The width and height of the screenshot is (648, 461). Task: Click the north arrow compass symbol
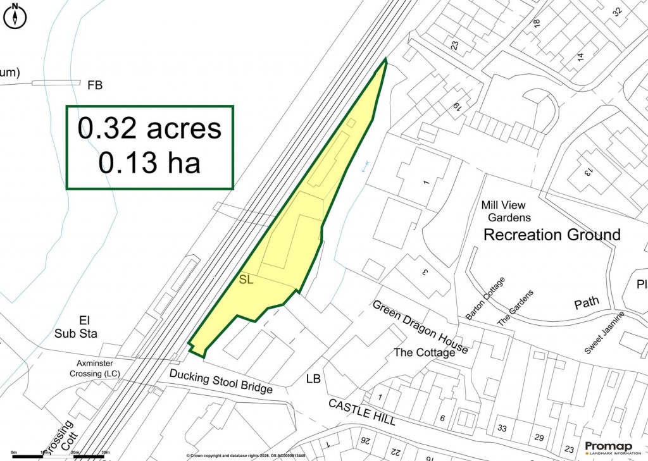coord(15,16)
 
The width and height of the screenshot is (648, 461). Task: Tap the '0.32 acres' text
coord(150,128)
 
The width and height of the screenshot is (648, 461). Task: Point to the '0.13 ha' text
coord(150,163)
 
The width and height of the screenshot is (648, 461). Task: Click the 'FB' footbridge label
coord(95,85)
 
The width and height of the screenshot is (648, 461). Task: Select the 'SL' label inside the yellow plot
coord(246,280)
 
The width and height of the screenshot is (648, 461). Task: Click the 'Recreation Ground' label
coord(552,235)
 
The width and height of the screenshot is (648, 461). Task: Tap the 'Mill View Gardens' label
coord(504,211)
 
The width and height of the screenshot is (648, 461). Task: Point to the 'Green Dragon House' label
coord(420,327)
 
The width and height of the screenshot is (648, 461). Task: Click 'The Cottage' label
coord(424,352)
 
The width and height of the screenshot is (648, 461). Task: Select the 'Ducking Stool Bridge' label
coord(221,380)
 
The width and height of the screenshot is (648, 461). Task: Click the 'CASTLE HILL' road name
coord(362,412)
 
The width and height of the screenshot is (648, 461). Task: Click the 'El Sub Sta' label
coord(74,326)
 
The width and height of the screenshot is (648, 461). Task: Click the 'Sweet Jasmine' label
coord(604,333)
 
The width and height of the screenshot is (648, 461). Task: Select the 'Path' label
coord(587,304)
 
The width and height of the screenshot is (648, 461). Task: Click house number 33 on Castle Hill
coord(502,428)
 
